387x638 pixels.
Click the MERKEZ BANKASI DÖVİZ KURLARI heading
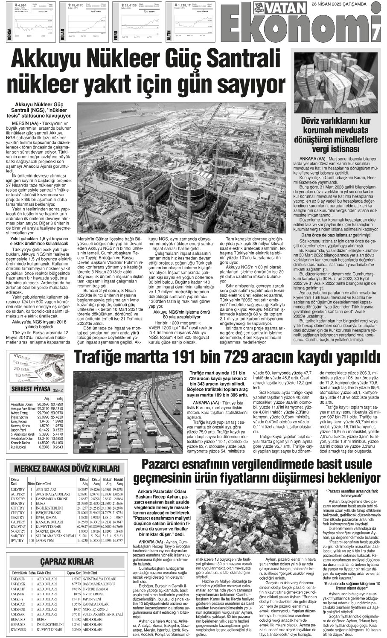(x=63, y=468)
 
